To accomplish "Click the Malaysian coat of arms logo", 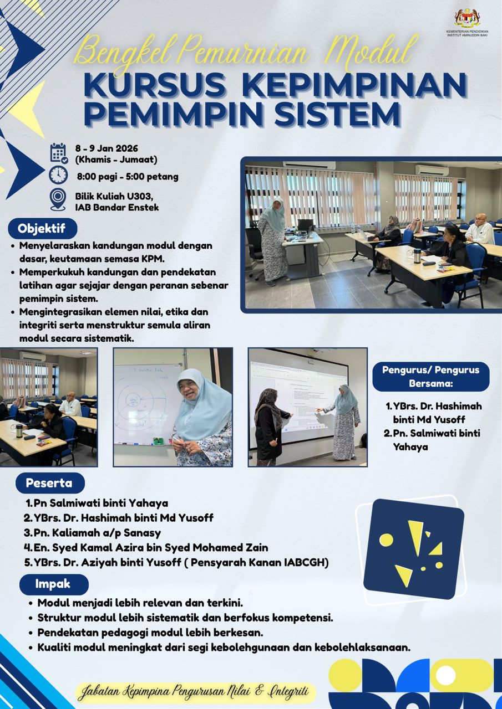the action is point(468,18).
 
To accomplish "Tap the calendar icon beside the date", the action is point(59,153).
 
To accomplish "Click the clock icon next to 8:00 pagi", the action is point(58,175).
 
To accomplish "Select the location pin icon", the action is point(58,200).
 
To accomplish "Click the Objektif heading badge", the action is point(43,229).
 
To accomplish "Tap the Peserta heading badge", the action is point(50,483).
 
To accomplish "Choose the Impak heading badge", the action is point(54,583).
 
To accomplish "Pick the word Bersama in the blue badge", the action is point(430,383).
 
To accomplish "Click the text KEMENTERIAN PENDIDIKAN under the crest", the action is point(468,32).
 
